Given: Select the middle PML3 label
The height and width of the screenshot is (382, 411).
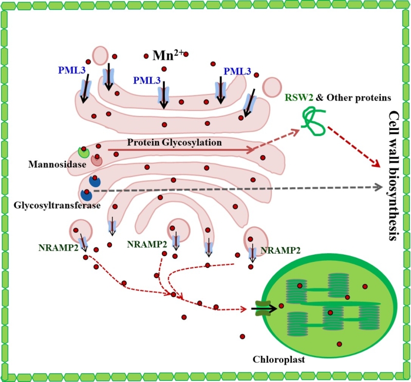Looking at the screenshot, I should coord(145,81).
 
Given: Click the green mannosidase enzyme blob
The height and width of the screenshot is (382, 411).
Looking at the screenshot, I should coord(83,152).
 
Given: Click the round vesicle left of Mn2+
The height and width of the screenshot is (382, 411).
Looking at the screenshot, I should coord(100,55).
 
